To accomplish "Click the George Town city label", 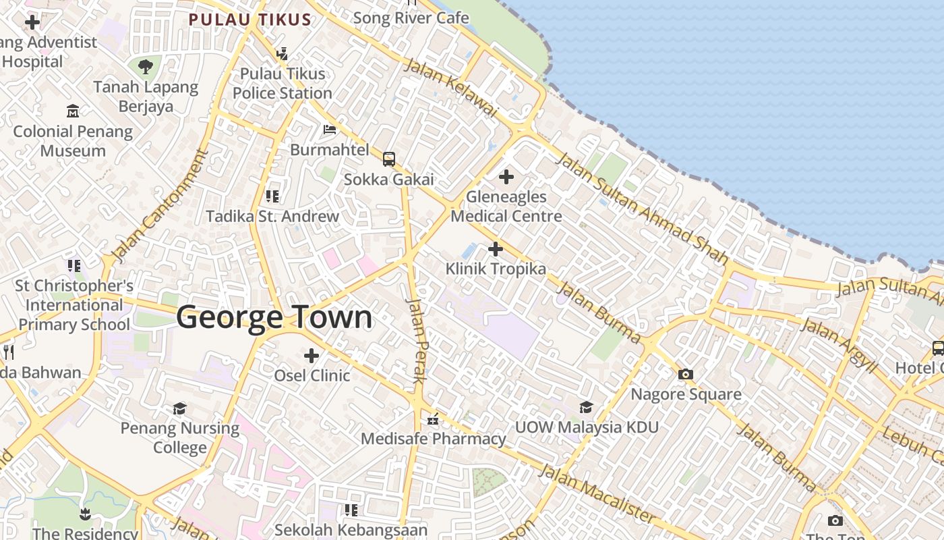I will (274, 317).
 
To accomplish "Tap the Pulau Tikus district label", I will (249, 20).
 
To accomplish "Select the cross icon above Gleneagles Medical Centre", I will (506, 178).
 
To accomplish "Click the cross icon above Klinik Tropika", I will (495, 249).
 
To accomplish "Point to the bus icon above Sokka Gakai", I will (389, 159).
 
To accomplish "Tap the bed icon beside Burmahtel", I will (330, 129).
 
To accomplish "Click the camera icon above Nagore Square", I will (686, 374).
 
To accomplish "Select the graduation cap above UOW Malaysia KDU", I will (586, 407).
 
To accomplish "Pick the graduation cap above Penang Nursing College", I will (179, 408).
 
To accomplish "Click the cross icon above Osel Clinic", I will (312, 355).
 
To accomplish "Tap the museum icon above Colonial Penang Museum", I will (73, 111).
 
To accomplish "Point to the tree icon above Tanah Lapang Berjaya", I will (146, 66).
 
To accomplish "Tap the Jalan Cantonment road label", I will (159, 206).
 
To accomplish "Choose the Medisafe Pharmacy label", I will (433, 439).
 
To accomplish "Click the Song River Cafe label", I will (411, 18).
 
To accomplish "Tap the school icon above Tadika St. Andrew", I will (272, 196).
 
